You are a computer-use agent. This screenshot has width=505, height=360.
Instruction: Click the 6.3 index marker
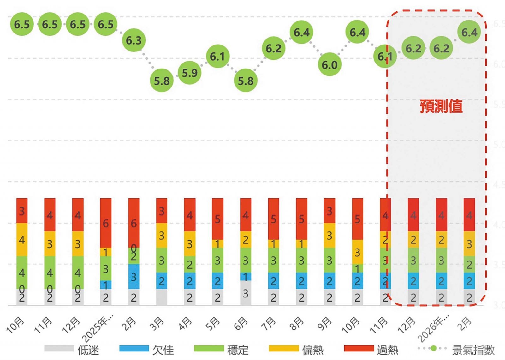coord(134,40)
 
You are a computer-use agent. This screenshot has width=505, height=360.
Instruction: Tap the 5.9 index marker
coord(189,73)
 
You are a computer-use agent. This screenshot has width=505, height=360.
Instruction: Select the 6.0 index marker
coord(330,65)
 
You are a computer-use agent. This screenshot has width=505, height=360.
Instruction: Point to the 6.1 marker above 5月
coord(217,57)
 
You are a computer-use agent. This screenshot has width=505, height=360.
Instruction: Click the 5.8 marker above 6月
coord(246,81)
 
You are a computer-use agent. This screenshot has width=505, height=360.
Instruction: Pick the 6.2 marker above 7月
coord(273,48)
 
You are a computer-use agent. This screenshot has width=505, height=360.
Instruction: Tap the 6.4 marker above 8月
coord(301,32)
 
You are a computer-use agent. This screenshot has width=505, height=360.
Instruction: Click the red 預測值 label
coord(441,106)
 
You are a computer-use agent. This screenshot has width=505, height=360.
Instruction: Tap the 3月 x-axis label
coord(157,324)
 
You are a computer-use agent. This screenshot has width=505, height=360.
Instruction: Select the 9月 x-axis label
coord(325,324)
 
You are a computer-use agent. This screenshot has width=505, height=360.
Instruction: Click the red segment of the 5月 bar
coord(217,219)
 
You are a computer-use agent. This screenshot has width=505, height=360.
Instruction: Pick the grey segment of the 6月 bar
coord(246,293)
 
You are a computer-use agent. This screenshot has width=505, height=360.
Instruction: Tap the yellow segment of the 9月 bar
coord(330,236)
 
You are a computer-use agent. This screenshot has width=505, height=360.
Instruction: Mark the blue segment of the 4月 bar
coord(189,281)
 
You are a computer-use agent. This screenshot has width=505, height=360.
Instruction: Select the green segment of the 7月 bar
coord(273,260)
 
